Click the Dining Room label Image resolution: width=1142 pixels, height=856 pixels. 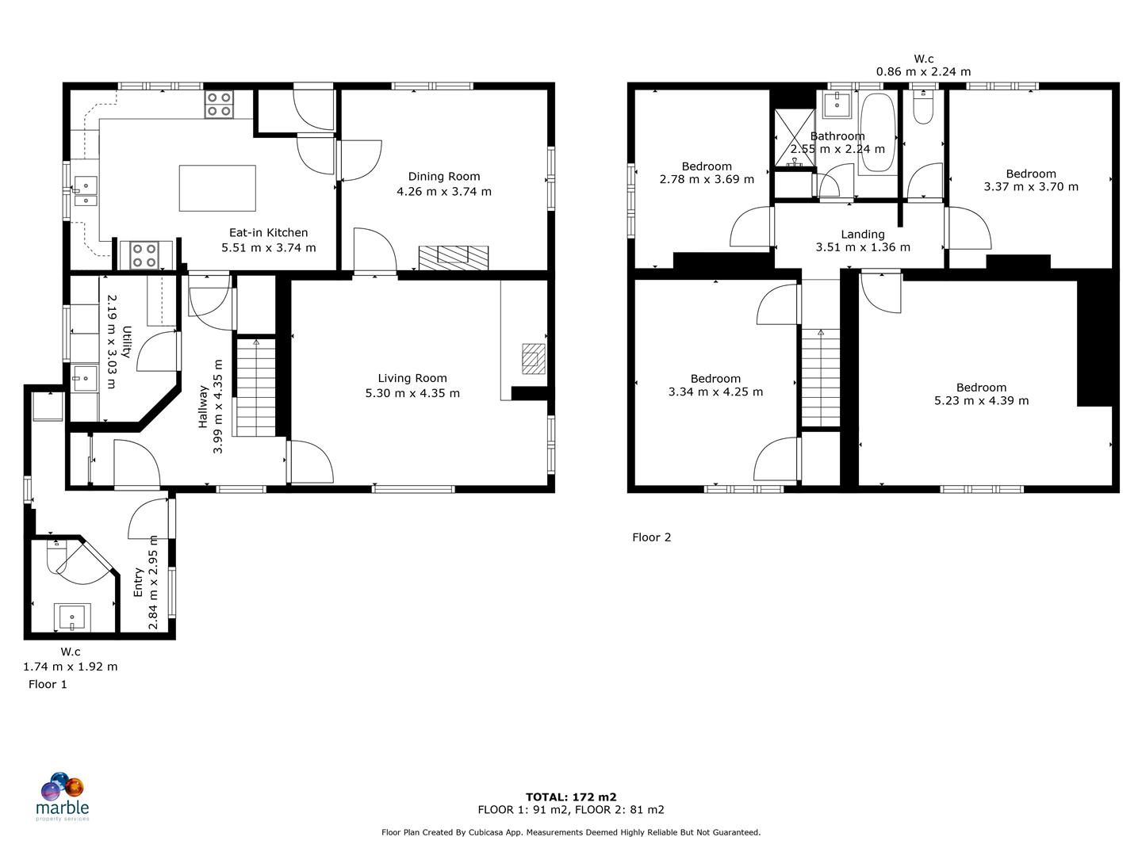pyautogui.click(x=443, y=177)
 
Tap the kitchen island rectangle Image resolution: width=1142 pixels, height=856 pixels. pyautogui.click(x=217, y=188)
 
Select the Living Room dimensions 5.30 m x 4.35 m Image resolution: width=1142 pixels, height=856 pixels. pyautogui.click(x=412, y=393)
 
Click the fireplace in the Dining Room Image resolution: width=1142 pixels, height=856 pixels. pyautogui.click(x=454, y=256)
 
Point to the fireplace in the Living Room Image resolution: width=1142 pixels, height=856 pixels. pyautogui.click(x=533, y=358)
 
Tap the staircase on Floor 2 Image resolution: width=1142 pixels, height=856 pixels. pyautogui.click(x=820, y=378)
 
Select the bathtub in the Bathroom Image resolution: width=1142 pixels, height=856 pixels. pyautogui.click(x=876, y=133)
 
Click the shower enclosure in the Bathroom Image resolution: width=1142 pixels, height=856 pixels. pyautogui.click(x=793, y=138)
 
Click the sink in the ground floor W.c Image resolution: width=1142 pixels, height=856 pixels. pyautogui.click(x=72, y=617)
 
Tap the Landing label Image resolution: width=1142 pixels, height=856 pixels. pyautogui.click(x=863, y=235)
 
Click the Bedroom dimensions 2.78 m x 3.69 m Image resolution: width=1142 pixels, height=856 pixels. pyautogui.click(x=707, y=180)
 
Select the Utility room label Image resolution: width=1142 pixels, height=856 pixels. pyautogui.click(x=126, y=342)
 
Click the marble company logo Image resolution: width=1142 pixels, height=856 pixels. pyautogui.click(x=63, y=796)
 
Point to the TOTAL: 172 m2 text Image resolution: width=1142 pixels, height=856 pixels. pyautogui.click(x=570, y=797)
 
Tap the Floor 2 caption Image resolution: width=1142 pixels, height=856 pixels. pyautogui.click(x=651, y=537)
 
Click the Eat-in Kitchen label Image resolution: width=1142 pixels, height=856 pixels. pyautogui.click(x=268, y=233)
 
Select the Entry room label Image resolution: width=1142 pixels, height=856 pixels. pyautogui.click(x=139, y=582)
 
